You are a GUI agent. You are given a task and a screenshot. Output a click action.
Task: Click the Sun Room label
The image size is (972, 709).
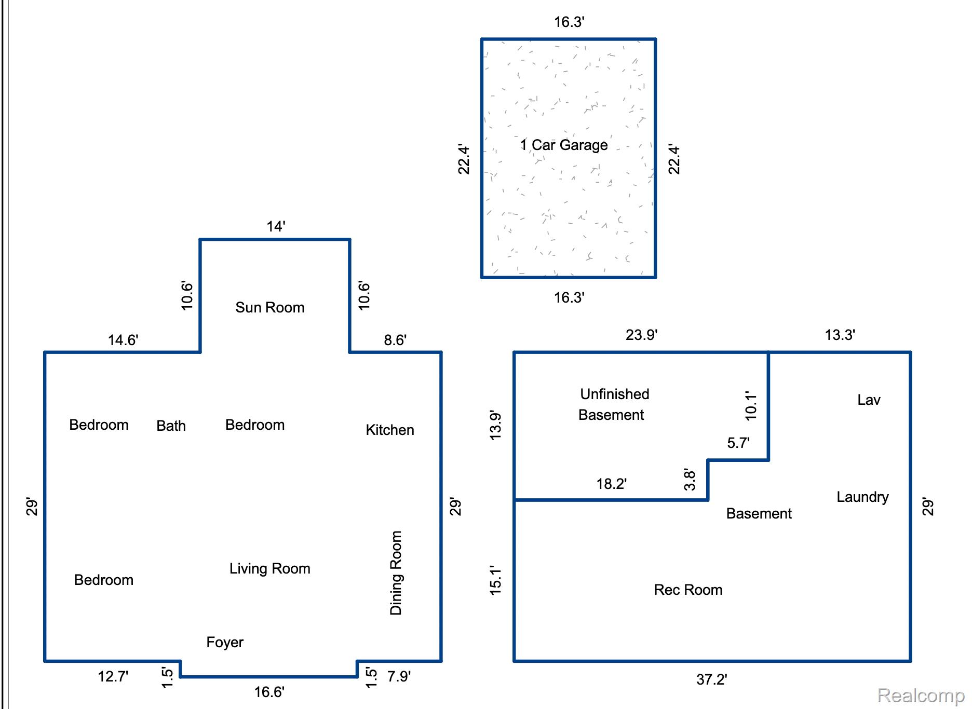(270, 307)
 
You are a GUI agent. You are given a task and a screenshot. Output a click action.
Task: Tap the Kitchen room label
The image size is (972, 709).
(390, 430)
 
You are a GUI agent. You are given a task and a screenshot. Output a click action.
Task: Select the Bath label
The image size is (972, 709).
(171, 426)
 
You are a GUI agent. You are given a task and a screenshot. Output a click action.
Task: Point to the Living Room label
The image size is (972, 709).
(270, 568)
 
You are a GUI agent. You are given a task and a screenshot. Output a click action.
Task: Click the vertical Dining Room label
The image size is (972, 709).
(396, 572)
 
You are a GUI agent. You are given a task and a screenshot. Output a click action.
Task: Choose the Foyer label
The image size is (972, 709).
(225, 642)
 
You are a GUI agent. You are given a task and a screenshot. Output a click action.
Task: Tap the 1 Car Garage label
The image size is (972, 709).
(564, 145)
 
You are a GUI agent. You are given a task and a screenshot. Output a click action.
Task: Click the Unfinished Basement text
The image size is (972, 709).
(613, 404)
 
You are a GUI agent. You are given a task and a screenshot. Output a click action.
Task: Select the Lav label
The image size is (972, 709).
(869, 400)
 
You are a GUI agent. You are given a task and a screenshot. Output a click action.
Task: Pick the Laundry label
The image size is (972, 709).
(862, 497)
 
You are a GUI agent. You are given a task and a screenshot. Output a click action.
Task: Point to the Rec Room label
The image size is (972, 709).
(688, 590)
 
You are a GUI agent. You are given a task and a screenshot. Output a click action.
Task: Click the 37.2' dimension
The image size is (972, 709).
(711, 679)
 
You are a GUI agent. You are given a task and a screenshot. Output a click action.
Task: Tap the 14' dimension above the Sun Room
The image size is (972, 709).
(276, 226)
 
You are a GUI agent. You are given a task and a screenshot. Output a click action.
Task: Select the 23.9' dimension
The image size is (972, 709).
(641, 335)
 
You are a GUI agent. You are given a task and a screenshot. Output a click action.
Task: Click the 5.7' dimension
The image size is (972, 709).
(738, 443)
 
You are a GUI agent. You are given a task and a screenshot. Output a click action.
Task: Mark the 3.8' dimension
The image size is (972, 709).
(690, 479)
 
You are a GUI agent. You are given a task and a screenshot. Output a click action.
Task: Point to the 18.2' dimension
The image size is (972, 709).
(611, 484)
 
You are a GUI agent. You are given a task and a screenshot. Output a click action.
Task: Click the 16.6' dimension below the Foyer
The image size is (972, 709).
(269, 692)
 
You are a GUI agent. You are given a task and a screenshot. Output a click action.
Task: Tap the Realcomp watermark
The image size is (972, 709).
(921, 695)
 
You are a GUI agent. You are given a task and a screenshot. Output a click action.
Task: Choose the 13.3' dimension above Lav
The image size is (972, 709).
(840, 335)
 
